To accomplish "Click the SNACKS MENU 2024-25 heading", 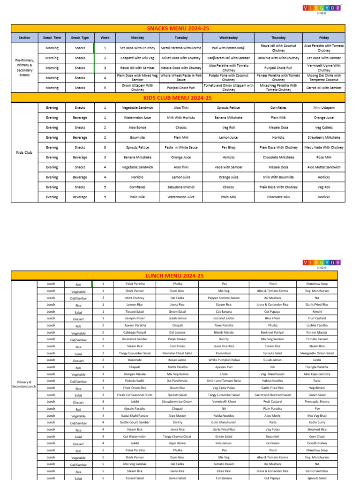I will point(178,29).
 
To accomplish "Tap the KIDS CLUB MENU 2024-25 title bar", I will point(178,98).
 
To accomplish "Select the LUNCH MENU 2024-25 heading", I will point(174,276).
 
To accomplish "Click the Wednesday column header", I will point(229,37).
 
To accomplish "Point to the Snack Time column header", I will point(52,37).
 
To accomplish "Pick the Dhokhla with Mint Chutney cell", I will point(278,58).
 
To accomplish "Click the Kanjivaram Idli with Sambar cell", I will point(229,58).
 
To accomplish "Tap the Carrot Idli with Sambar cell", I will point(323,88).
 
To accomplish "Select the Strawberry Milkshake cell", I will point(323,138).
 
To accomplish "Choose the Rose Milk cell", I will point(323,157).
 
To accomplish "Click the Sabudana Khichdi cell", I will point(181,187).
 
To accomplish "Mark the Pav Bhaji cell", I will point(229,148).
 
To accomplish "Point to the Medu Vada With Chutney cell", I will point(323,148).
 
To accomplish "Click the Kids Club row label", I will point(24,152).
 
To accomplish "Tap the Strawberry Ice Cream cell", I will point(177,402).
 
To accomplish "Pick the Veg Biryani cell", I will point(317,388).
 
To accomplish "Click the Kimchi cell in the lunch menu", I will point(317,311).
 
